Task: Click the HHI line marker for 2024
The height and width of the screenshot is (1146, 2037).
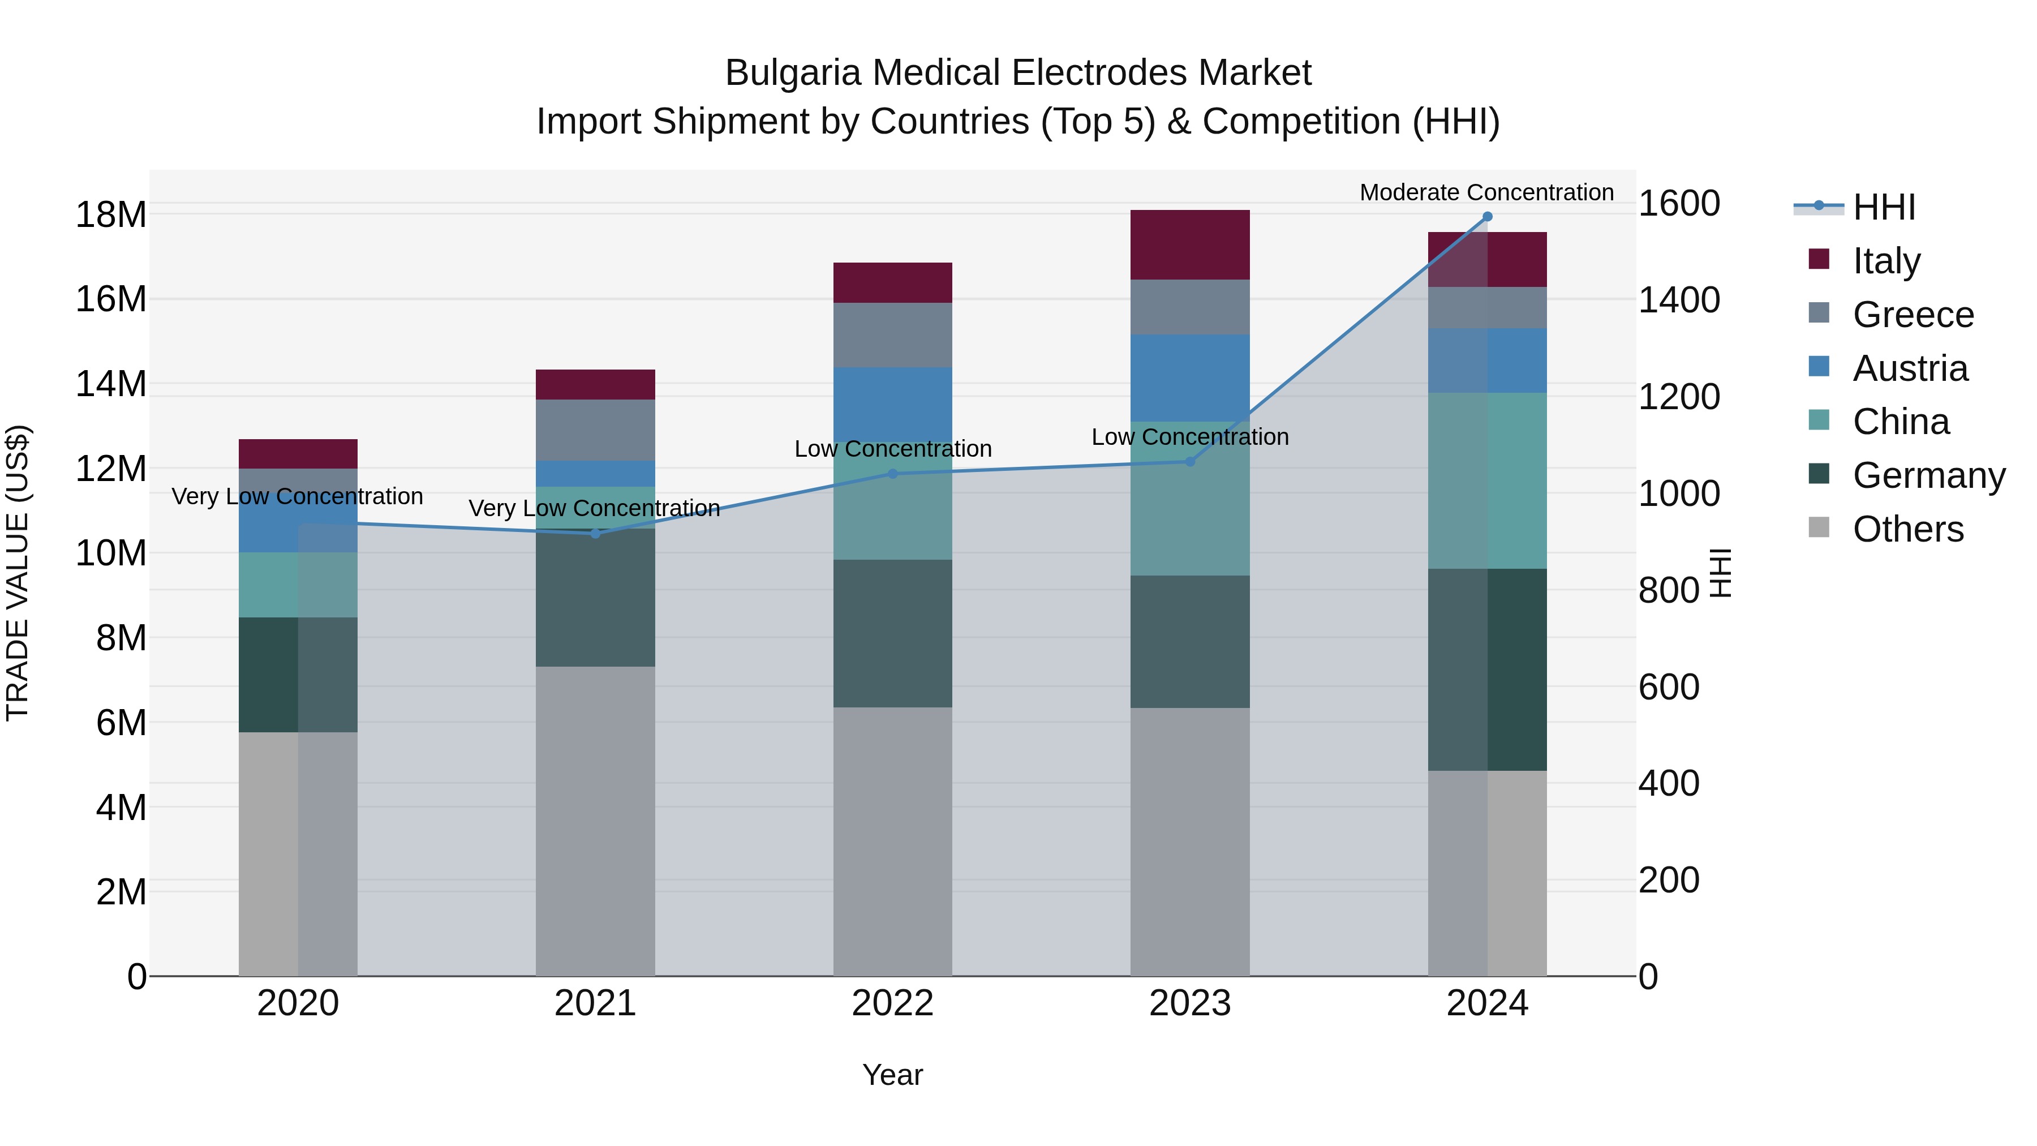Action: coord(1488,217)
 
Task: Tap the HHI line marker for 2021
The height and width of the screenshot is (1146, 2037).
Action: coord(595,534)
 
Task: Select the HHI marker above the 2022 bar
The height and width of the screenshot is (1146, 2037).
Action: coord(893,474)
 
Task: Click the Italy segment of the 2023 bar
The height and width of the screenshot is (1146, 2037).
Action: coord(1190,244)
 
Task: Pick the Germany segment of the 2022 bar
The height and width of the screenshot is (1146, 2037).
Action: coord(893,633)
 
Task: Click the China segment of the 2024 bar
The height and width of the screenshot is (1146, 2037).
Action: coord(1488,481)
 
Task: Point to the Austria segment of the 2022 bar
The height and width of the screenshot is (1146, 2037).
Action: coord(893,404)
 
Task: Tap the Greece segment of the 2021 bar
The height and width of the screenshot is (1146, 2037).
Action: coord(595,430)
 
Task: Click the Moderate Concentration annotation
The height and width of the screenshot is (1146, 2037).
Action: coord(1486,192)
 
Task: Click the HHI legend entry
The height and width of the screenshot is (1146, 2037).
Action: coord(1884,207)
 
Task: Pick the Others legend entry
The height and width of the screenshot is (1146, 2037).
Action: coord(1907,529)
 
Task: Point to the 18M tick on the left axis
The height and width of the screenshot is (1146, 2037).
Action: coord(111,215)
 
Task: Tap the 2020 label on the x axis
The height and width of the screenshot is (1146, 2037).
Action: coord(298,1003)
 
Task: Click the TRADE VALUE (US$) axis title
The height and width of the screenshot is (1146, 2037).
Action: coord(18,573)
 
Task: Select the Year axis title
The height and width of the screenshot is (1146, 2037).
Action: coord(893,1075)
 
